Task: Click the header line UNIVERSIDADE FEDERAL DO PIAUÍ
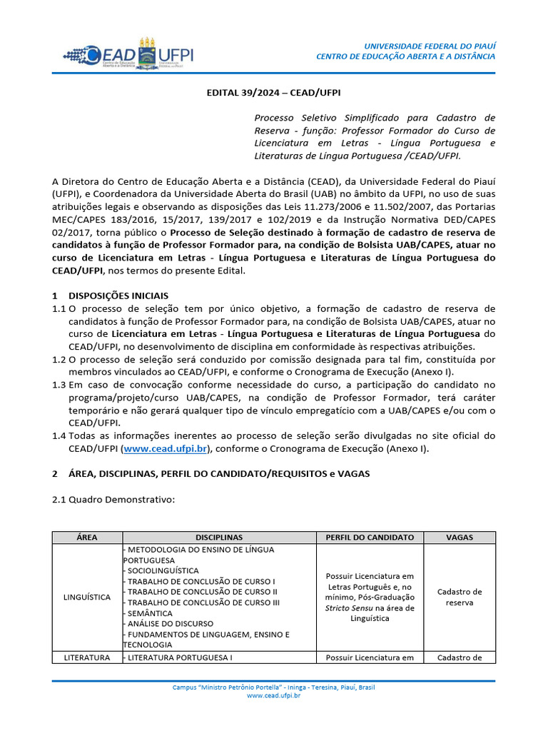430,45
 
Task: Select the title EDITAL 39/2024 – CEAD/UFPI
273,93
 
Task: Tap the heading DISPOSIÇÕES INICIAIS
119,296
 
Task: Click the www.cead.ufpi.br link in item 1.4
165,448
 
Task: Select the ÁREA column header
86,538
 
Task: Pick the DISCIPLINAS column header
219,538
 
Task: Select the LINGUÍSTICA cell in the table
86,597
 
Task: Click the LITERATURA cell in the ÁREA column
86,657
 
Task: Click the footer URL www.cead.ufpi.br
273,695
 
